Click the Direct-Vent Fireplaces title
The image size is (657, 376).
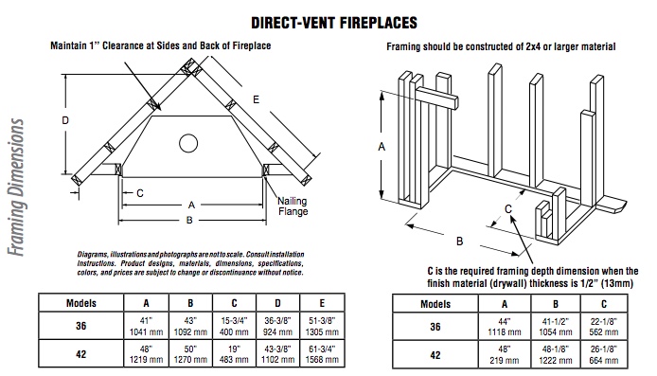pyautogui.click(x=334, y=23)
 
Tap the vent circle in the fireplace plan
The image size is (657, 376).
pyautogui.click(x=188, y=143)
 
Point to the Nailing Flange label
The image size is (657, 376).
pyautogui.click(x=293, y=206)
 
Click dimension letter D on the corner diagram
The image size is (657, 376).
pyautogui.click(x=65, y=120)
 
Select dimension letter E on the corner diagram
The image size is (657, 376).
pyautogui.click(x=256, y=99)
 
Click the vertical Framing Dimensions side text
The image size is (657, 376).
pyautogui.click(x=16, y=188)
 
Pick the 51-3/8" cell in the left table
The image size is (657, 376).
pyautogui.click(x=322, y=326)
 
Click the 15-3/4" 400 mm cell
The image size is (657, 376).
pyautogui.click(x=234, y=326)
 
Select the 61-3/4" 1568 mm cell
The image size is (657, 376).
pyautogui.click(x=322, y=354)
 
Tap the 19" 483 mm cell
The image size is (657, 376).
pyautogui.click(x=234, y=354)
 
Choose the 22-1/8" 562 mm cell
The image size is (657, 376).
pyautogui.click(x=604, y=327)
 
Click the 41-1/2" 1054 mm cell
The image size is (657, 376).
pyautogui.click(x=555, y=327)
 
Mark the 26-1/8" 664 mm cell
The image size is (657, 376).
pyautogui.click(x=604, y=354)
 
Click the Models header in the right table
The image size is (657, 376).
pyautogui.click(x=435, y=304)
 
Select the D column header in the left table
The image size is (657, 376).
pyautogui.click(x=277, y=303)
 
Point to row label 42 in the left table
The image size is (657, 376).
pyautogui.click(x=80, y=354)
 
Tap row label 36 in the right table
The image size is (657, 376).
pyautogui.click(x=435, y=327)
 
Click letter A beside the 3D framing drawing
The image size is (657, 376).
pyautogui.click(x=382, y=147)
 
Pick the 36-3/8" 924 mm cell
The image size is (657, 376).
pyautogui.click(x=277, y=326)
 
